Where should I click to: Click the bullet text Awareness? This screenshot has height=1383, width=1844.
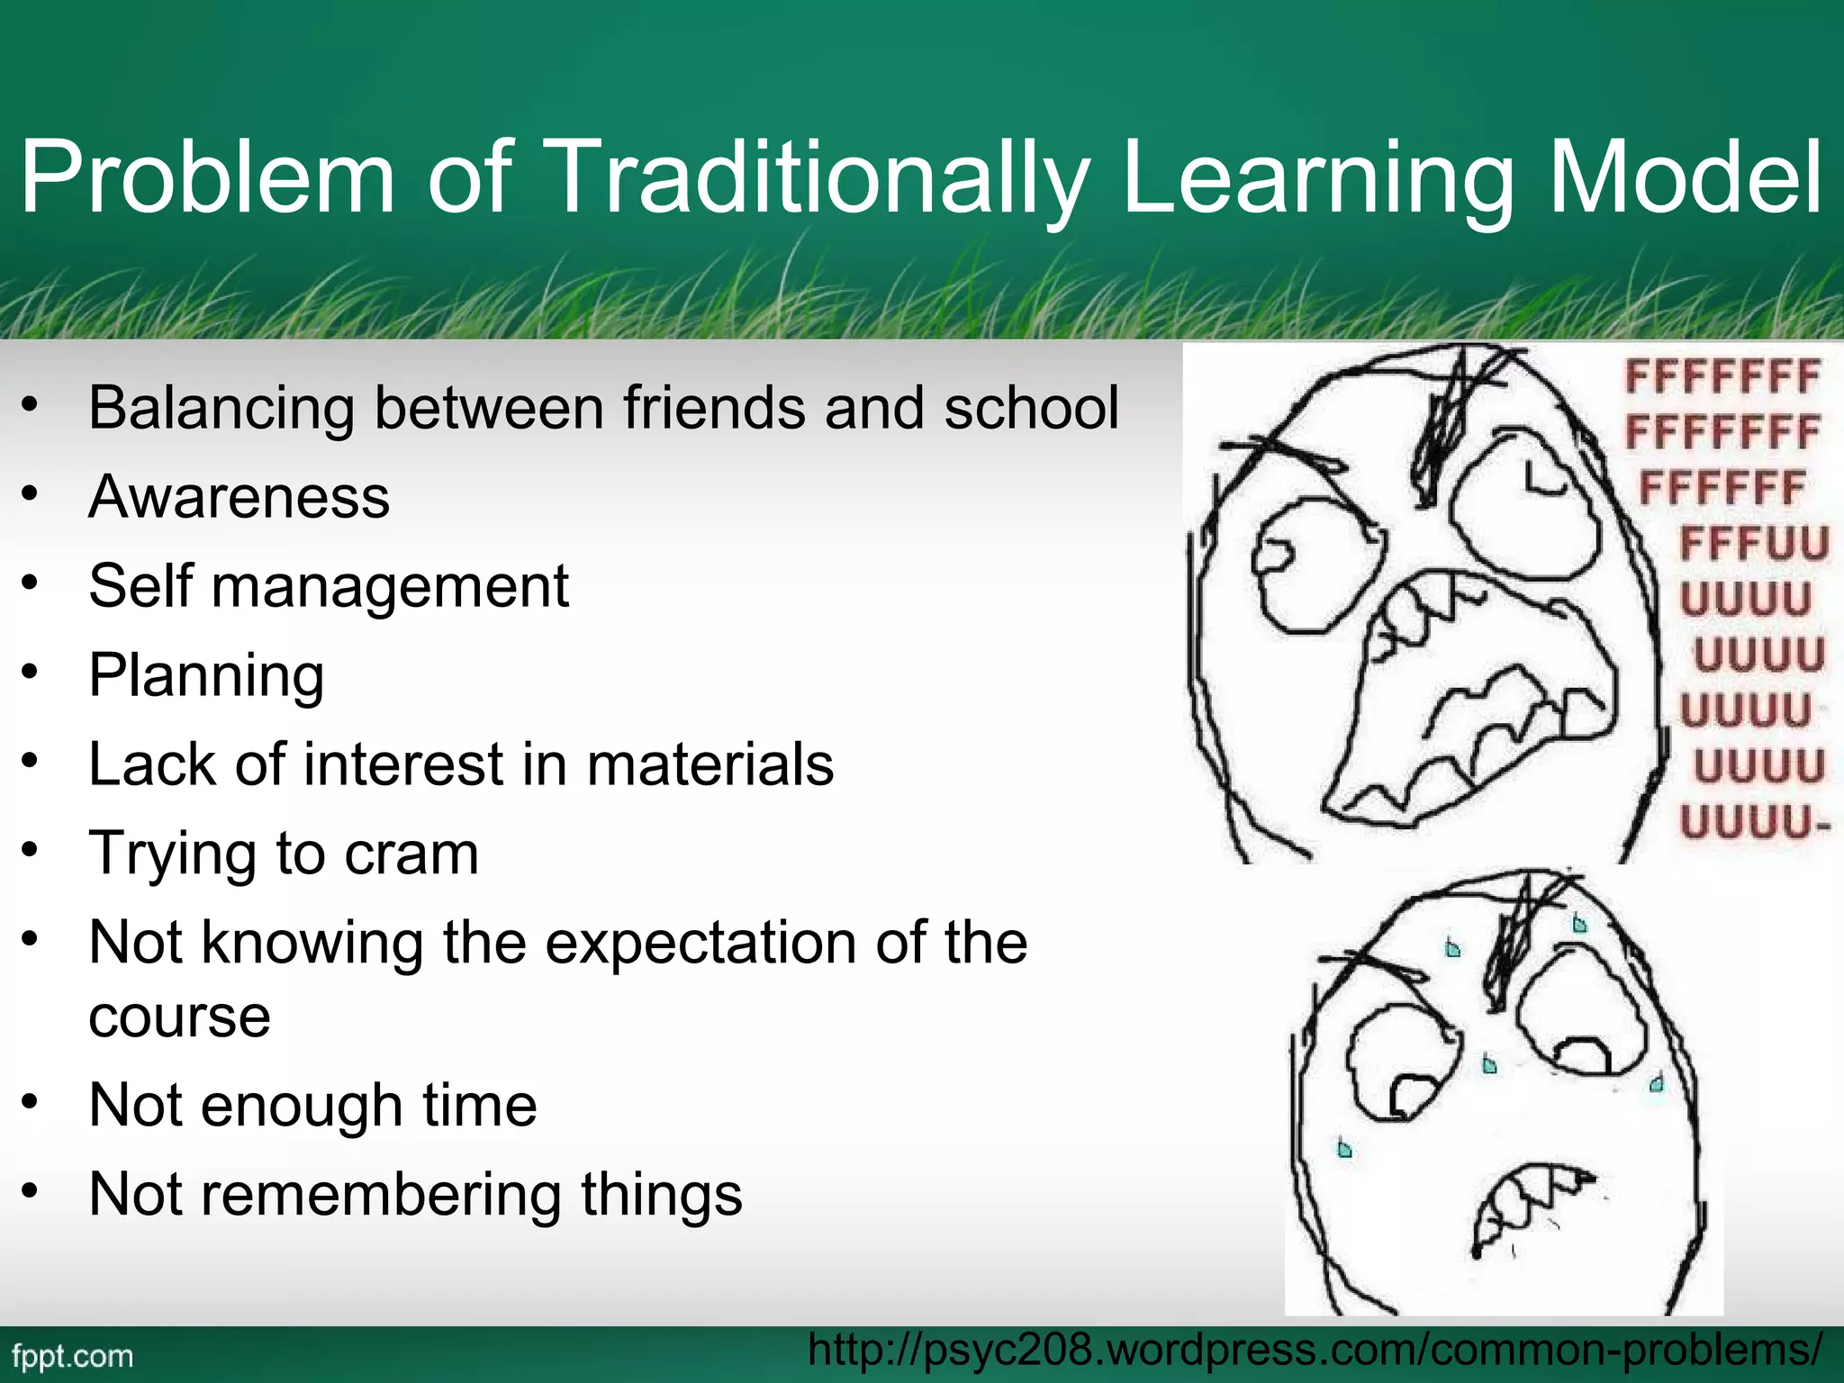coord(240,497)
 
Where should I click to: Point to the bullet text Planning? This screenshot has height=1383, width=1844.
coord(206,676)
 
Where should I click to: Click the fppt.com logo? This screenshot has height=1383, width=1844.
coord(73,1356)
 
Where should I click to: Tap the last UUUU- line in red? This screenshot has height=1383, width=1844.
coord(1754,822)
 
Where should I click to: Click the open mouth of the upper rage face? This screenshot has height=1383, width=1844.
coord(1477,702)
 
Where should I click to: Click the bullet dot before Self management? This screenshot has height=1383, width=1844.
coord(32,583)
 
